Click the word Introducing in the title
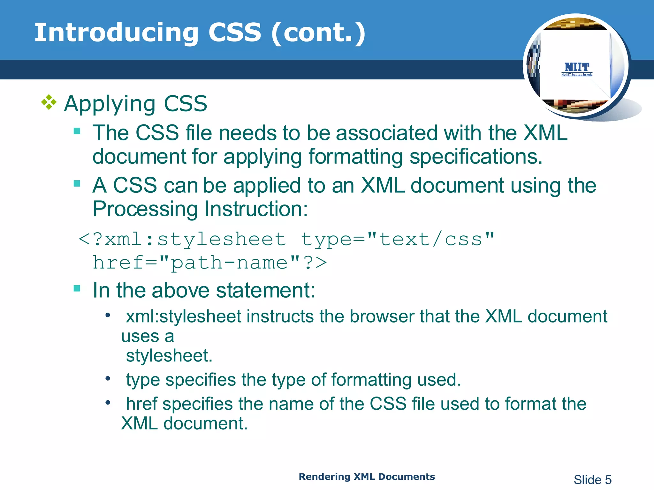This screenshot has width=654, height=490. tap(117, 33)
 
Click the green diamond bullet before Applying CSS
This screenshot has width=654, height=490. tap(49, 102)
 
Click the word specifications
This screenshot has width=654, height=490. tap(476, 157)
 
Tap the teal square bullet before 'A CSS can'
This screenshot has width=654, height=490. tap(77, 184)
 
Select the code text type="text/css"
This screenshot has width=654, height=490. tap(398, 239)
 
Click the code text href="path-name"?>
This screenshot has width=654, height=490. tap(210, 263)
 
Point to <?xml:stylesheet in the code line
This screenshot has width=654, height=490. tap(182, 239)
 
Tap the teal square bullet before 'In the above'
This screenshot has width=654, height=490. tap(77, 288)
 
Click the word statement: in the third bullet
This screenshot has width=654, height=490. tap(266, 290)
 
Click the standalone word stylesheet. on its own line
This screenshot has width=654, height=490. tap(169, 356)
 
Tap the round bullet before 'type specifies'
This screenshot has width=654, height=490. tap(108, 379)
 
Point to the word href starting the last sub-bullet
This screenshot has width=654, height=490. tap(141, 404)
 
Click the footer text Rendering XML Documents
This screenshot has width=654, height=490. tap(367, 477)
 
